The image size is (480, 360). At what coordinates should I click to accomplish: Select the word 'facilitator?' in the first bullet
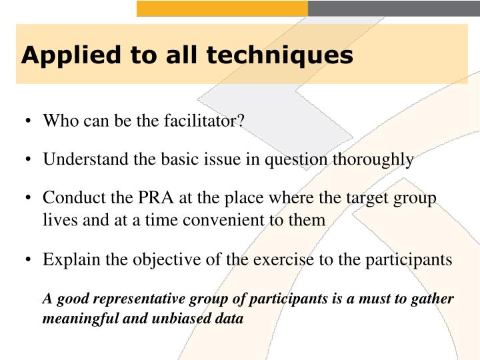pos(207,121)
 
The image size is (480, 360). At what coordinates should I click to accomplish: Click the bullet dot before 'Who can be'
pos(29,121)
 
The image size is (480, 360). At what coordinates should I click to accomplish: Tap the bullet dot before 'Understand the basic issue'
pos(29,160)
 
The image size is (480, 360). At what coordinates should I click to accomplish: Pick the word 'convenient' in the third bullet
pos(238,219)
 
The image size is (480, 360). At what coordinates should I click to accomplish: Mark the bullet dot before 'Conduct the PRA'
pos(29,199)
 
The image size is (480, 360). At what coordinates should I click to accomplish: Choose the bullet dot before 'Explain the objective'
pos(29,260)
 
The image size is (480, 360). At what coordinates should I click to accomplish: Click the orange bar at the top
pos(222,8)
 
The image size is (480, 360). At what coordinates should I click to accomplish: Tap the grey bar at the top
pos(393,8)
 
